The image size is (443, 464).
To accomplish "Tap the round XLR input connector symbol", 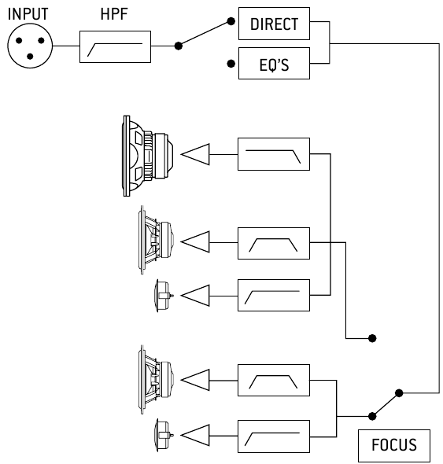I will pyautogui.click(x=28, y=47).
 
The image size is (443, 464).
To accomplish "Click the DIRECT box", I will pyautogui.click(x=274, y=24).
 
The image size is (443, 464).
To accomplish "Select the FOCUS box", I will pyautogui.click(x=394, y=446).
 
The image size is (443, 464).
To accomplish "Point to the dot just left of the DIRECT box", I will pyautogui.click(x=230, y=22).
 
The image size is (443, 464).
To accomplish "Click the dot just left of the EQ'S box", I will pyautogui.click(x=230, y=61).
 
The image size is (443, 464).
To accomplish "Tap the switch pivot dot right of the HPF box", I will pyautogui.click(x=179, y=47).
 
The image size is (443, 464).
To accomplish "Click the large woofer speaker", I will pyautogui.click(x=146, y=154).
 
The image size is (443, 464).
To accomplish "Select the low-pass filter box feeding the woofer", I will pyautogui.click(x=273, y=154).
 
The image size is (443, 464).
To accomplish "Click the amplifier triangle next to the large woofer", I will pyautogui.click(x=197, y=154).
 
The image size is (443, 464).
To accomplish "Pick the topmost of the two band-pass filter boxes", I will pyautogui.click(x=273, y=244).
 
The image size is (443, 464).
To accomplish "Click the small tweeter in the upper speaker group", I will pyautogui.click(x=164, y=295).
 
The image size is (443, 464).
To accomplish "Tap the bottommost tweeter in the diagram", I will pyautogui.click(x=164, y=433).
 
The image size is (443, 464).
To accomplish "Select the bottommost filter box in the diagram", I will pyautogui.click(x=273, y=433).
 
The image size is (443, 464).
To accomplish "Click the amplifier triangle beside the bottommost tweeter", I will pyautogui.click(x=197, y=433).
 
